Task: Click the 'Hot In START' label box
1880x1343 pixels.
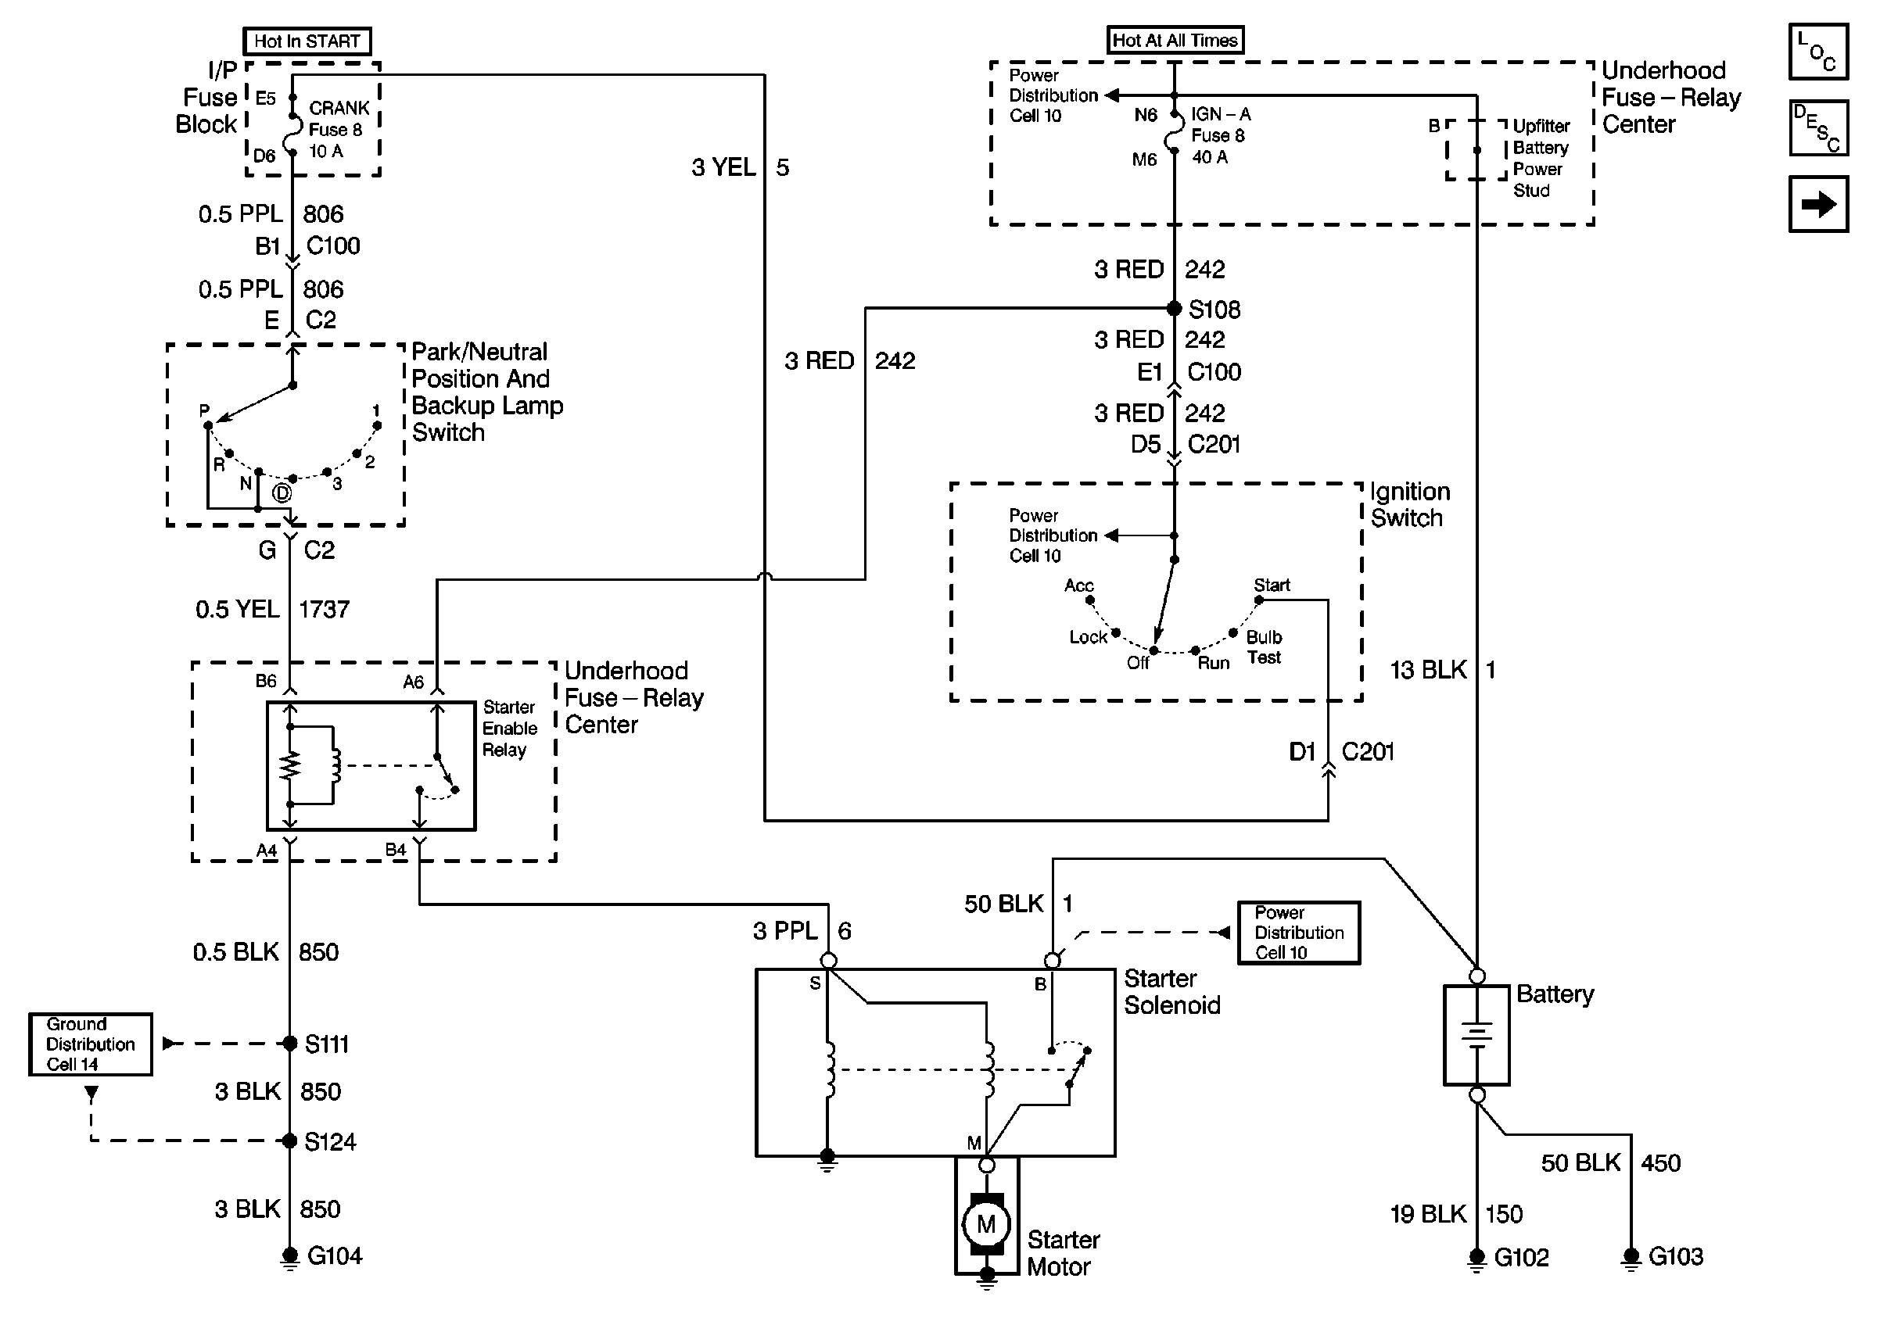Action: [x=307, y=41]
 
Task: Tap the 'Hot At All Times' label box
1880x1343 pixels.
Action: [x=1175, y=40]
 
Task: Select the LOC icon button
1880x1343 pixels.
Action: [x=1818, y=52]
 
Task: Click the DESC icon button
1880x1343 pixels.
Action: [x=1818, y=128]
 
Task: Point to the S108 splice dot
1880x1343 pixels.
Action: [x=1174, y=309]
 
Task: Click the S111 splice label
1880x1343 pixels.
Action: [x=327, y=1044]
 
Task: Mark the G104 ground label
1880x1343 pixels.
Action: [x=334, y=1256]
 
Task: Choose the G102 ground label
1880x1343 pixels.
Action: [x=1521, y=1258]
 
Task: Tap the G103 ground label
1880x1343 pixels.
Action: [x=1676, y=1257]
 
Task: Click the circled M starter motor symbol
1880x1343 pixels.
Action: [x=986, y=1224]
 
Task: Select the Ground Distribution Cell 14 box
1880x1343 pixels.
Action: [x=90, y=1044]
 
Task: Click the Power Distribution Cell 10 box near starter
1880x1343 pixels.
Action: [x=1298, y=933]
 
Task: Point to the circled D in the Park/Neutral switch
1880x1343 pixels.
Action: [x=282, y=494]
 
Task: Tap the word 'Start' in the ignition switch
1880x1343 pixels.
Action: [x=1272, y=586]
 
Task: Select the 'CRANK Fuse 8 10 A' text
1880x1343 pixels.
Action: [x=339, y=130]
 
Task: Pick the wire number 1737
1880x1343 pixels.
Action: [x=325, y=611]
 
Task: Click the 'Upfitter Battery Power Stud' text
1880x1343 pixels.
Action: [x=1540, y=158]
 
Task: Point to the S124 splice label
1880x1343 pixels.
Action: [x=330, y=1142]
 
